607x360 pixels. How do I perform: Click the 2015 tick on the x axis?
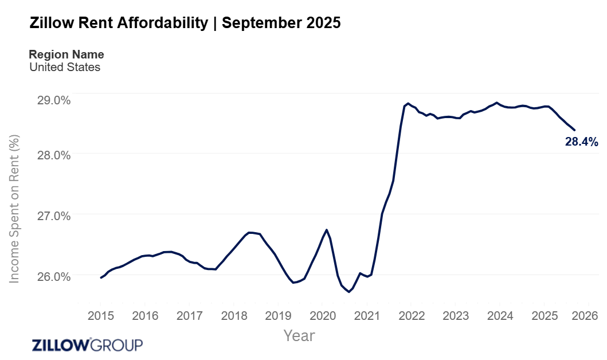[x=100, y=316]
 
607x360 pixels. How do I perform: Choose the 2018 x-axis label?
[x=234, y=316]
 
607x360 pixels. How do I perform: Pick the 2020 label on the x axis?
[x=323, y=316]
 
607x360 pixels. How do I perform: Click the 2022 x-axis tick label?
[x=412, y=316]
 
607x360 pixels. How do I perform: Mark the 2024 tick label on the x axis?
[x=500, y=316]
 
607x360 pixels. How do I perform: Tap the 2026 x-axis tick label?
[x=585, y=316]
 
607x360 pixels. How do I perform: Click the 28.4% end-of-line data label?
[x=581, y=142]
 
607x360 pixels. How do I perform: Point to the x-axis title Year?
[x=299, y=335]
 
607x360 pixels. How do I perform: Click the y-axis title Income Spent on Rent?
[x=14, y=209]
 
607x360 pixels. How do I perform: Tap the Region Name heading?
[x=66, y=54]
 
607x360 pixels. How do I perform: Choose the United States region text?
[x=65, y=67]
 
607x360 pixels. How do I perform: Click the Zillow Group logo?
[x=87, y=345]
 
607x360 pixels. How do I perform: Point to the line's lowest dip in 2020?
[x=348, y=292]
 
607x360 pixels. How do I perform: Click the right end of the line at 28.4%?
[x=575, y=130]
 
